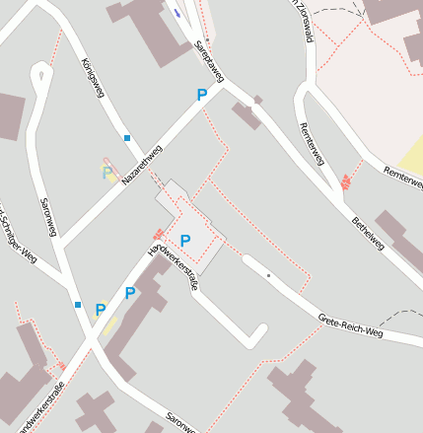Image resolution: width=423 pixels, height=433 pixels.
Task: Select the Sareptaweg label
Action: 210,60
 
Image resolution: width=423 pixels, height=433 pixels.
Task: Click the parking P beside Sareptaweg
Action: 202,96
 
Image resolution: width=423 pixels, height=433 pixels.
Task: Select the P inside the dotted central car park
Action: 185,241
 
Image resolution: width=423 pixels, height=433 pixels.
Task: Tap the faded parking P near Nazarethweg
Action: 107,174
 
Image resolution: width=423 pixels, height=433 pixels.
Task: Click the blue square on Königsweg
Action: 127,137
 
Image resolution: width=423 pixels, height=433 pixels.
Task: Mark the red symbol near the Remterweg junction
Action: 345,181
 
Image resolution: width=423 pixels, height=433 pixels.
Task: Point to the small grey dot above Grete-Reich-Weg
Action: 268,275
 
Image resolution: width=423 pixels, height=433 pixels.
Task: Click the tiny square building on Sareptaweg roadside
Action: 257,100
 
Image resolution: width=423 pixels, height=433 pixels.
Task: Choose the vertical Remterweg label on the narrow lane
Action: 311,143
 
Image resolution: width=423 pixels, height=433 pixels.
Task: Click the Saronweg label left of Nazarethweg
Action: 46,218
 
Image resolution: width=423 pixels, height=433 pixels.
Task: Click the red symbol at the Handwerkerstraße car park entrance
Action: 157,234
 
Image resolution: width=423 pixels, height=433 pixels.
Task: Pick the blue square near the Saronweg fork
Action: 78,304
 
